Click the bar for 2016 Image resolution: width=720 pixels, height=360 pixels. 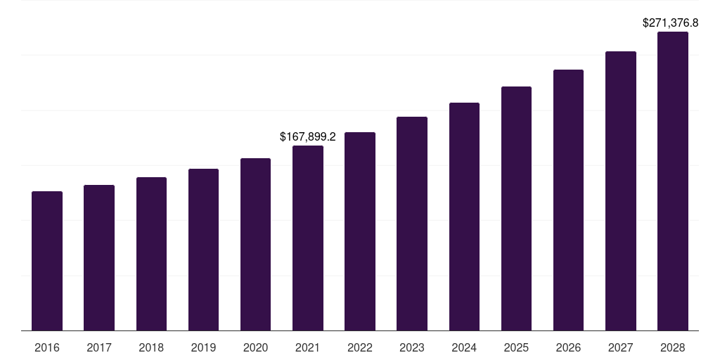point(47,261)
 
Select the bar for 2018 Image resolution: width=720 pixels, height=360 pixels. point(151,254)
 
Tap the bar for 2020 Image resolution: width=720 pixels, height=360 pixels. point(255,245)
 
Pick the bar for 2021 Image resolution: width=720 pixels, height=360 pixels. point(308,238)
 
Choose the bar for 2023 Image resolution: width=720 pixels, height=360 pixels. point(412,224)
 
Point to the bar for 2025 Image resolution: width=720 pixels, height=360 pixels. point(516,209)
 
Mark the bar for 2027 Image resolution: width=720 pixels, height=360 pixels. point(621,191)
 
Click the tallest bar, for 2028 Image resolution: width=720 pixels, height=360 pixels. point(673,181)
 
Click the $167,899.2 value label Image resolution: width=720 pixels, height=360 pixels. point(308,136)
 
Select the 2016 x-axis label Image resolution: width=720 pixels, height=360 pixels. point(47,347)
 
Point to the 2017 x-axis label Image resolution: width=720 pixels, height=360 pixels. point(99,347)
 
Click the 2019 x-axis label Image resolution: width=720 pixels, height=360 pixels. point(203,347)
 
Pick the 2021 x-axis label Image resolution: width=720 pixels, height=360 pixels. point(308,347)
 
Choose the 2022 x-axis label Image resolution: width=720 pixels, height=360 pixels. point(360,347)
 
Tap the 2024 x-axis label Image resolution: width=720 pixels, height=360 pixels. point(464,347)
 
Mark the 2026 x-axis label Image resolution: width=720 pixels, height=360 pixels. point(568,347)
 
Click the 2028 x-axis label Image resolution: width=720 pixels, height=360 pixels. point(673,347)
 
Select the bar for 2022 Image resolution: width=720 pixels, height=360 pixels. point(360,231)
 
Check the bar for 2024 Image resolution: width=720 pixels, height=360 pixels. point(464,217)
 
